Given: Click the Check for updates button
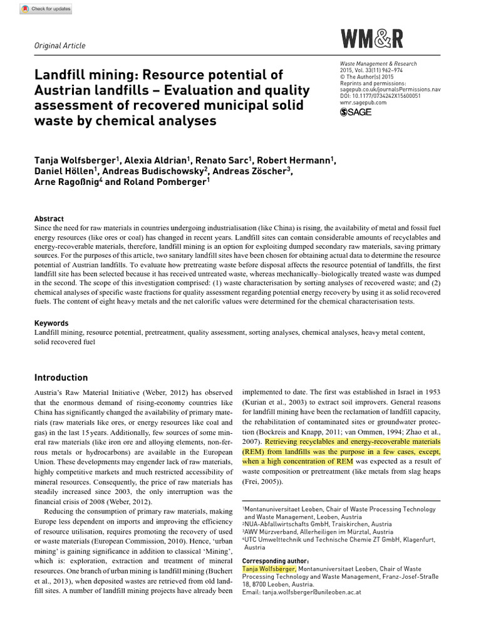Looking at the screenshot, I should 46,9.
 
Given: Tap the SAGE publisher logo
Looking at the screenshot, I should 356,112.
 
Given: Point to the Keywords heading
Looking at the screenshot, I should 51,323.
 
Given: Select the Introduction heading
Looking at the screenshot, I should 61,377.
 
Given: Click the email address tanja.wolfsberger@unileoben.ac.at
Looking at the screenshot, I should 301,591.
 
